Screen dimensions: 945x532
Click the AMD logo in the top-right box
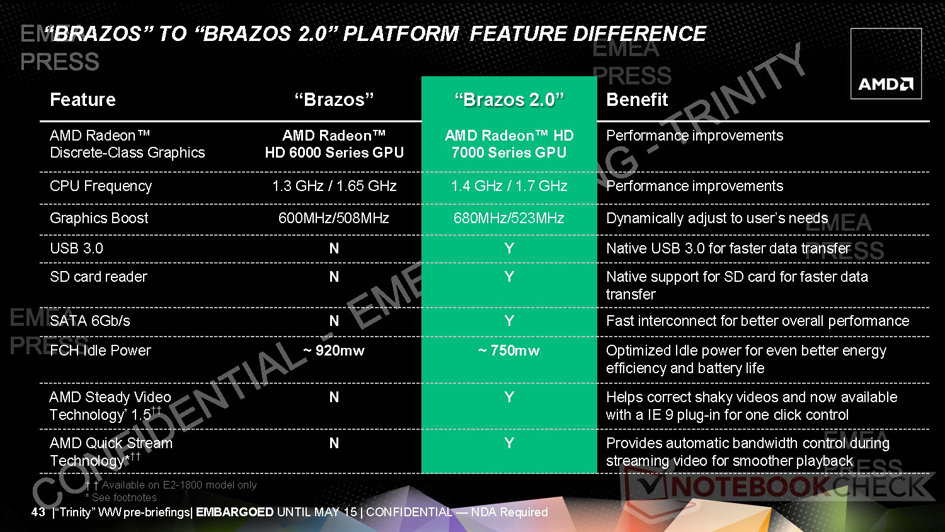click(x=886, y=84)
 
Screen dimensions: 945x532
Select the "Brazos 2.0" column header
click(x=509, y=100)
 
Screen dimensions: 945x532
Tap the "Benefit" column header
click(x=637, y=100)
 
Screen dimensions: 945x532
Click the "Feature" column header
click(x=83, y=100)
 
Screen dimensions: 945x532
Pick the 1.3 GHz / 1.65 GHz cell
click(x=334, y=186)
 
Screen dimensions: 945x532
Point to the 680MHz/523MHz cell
click(x=509, y=218)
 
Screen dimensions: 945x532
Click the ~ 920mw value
click(x=334, y=350)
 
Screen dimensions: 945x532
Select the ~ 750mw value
click(x=509, y=350)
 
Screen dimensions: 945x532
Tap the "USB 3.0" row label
click(x=76, y=248)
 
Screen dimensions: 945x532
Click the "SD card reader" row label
click(x=98, y=277)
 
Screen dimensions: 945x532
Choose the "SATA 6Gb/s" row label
click(x=90, y=321)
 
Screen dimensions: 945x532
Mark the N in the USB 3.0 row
click(x=334, y=248)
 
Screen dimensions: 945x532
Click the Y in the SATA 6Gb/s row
click(x=509, y=321)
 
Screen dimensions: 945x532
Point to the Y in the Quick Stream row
click(x=509, y=443)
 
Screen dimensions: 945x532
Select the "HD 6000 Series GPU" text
click(x=334, y=153)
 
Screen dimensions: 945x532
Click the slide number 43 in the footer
click(x=38, y=512)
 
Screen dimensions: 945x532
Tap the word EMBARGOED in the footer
click(x=234, y=512)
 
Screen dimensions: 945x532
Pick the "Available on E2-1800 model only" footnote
click(x=179, y=485)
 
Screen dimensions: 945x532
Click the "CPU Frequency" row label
click(x=100, y=186)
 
